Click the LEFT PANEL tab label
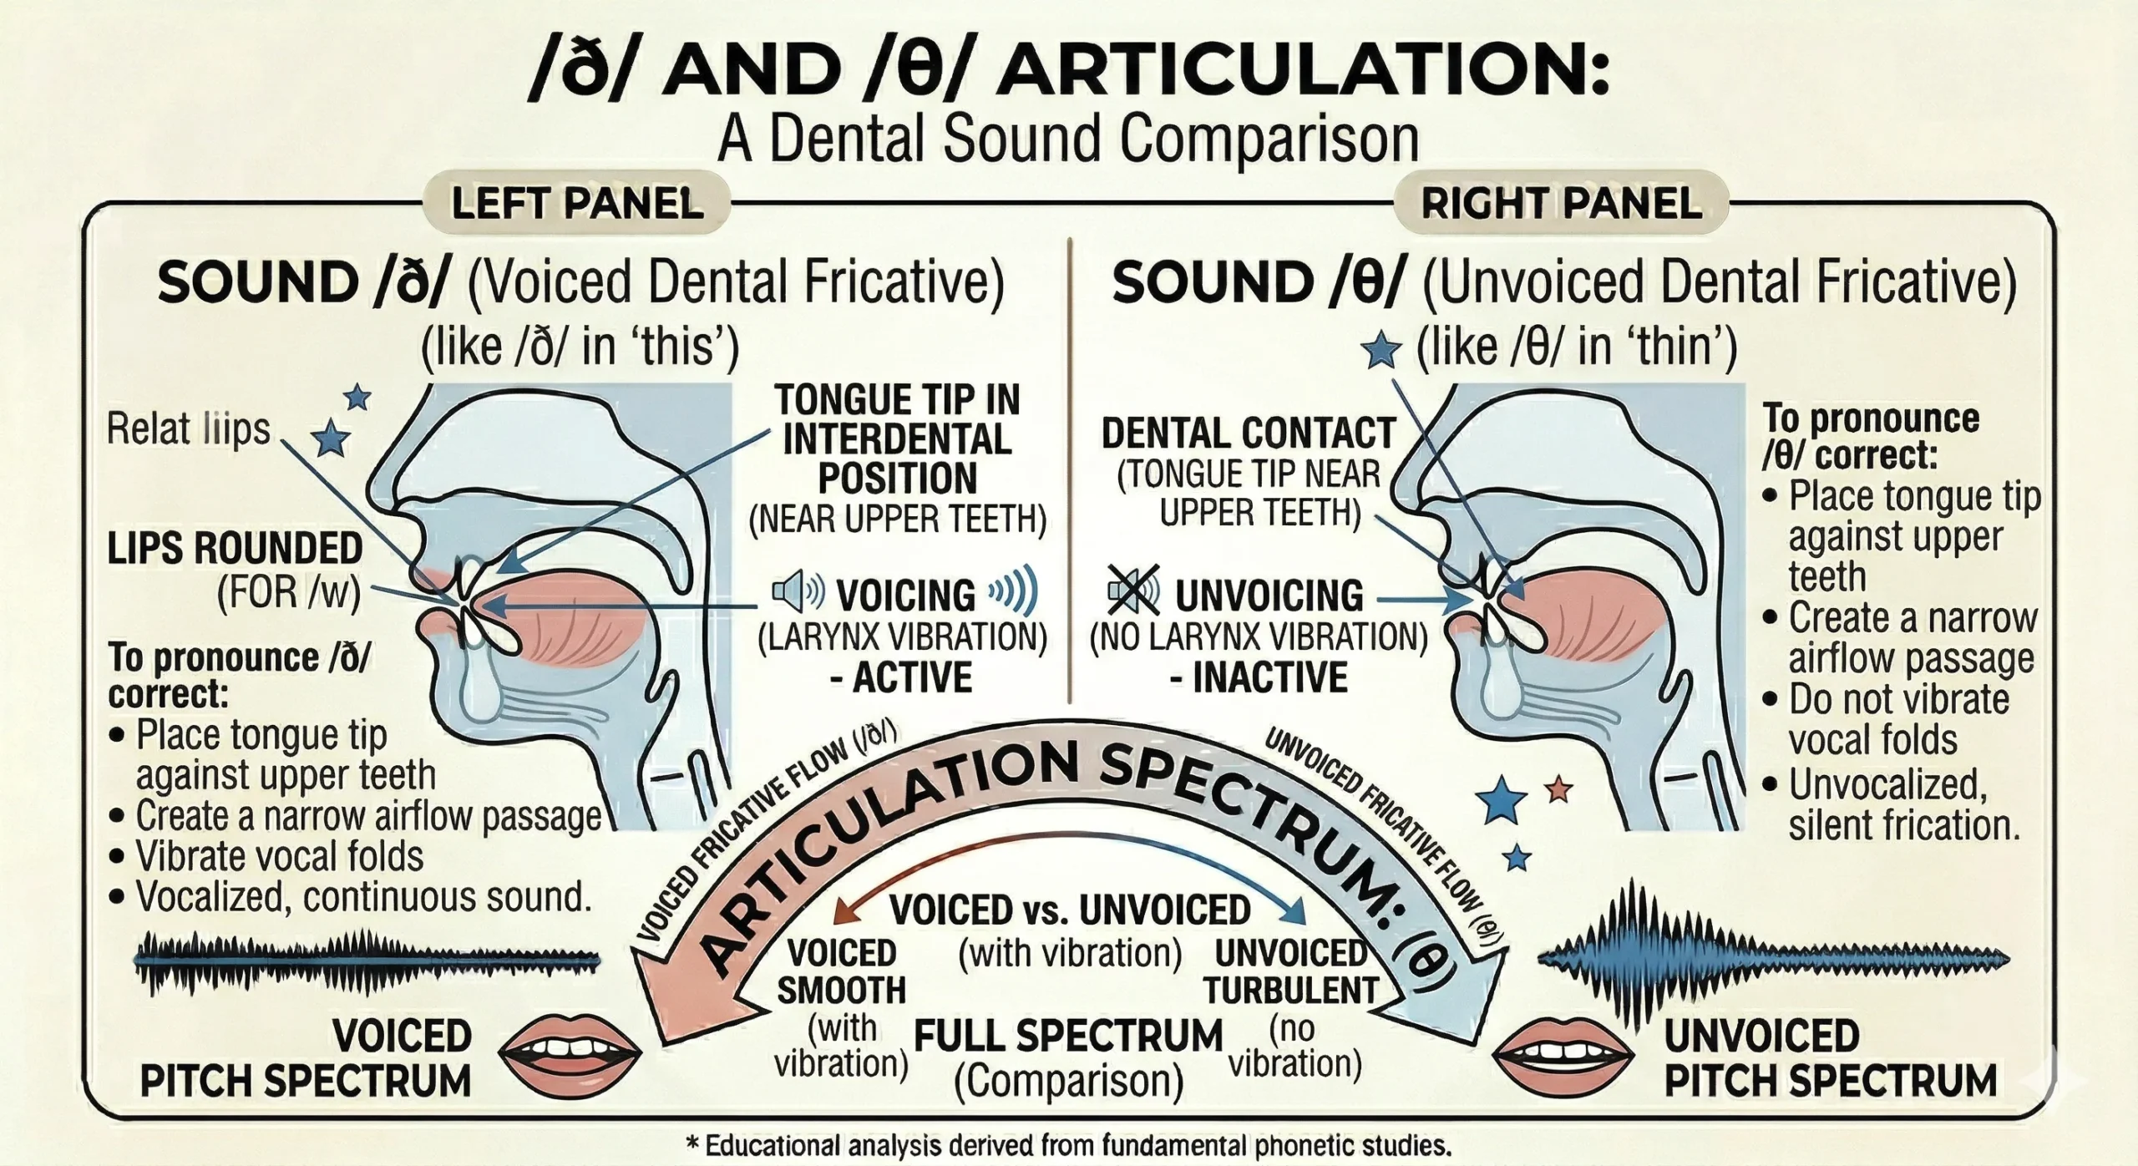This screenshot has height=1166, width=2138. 577,203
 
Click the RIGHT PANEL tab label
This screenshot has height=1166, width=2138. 1561,203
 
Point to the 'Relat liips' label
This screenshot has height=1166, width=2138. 189,429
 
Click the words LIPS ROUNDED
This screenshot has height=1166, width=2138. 235,549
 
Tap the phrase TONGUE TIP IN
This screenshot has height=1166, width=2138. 897,399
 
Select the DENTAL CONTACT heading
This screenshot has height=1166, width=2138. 1249,433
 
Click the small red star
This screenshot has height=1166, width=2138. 1558,789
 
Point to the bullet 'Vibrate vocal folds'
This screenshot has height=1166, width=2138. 279,856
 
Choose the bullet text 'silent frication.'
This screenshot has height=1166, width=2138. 1903,825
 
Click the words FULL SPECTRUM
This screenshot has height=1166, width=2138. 1068,1037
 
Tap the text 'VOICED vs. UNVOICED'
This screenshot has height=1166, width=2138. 1070,910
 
